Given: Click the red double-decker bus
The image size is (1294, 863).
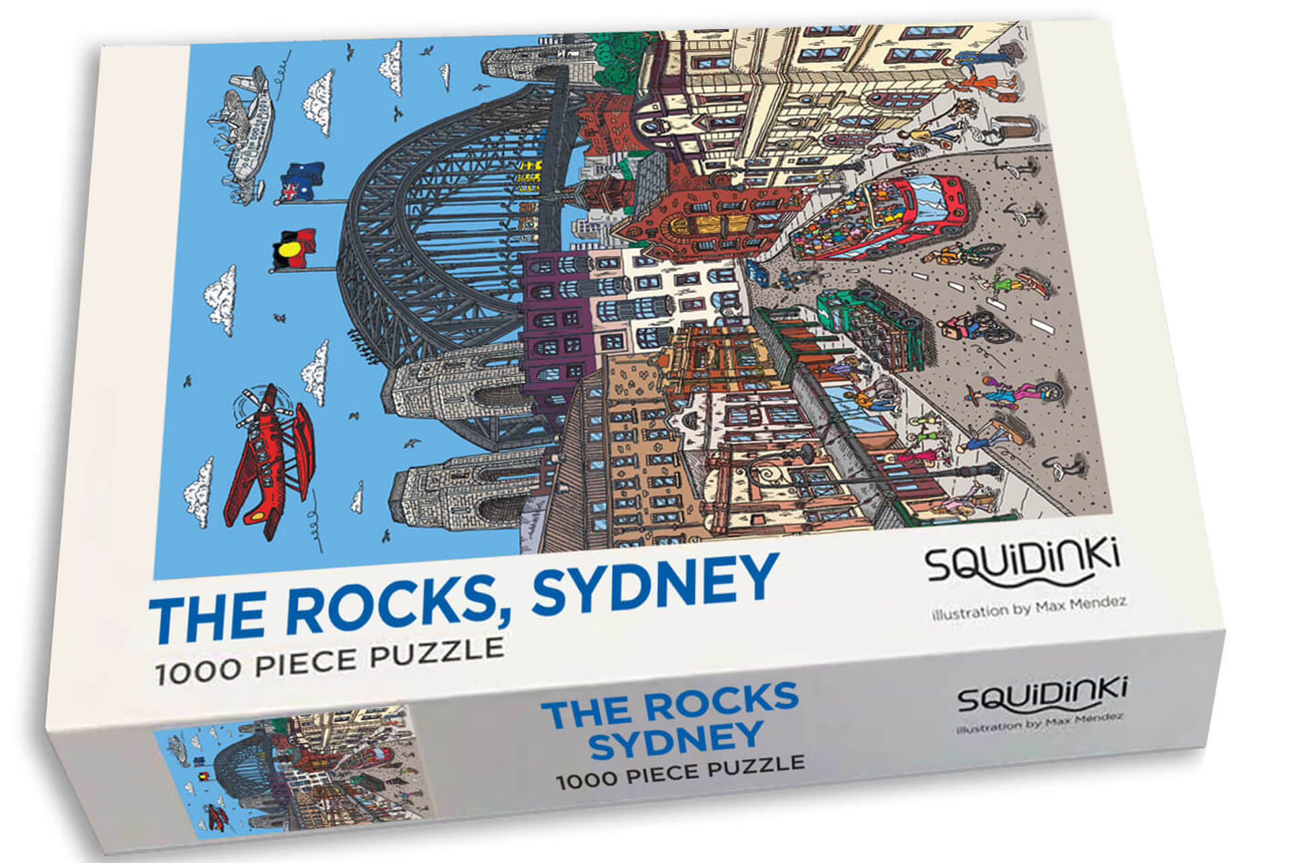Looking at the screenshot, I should click(883, 216).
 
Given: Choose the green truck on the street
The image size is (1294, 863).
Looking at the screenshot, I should click(869, 330).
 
